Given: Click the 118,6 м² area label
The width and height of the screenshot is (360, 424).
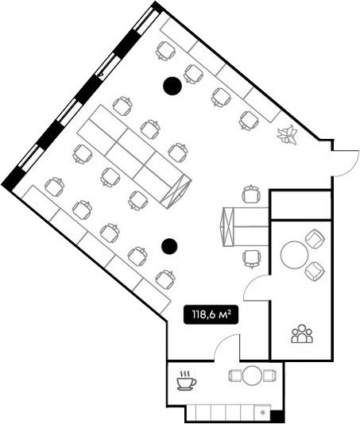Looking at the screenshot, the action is click(211, 314).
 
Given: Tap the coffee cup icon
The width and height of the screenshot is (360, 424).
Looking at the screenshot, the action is click(186, 381).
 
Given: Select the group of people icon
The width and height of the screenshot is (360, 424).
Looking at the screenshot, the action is click(302, 333).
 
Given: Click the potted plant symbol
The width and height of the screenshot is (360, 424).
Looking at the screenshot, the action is click(288, 134).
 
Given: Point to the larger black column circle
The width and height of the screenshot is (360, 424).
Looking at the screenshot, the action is click(172, 86).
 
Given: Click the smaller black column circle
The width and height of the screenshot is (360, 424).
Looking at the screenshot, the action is click(169, 246).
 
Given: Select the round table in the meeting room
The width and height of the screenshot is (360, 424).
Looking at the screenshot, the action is click(294, 254).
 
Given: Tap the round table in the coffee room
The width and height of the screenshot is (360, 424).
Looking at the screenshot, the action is click(252, 376).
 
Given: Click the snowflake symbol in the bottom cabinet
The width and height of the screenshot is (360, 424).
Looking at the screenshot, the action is click(262, 412).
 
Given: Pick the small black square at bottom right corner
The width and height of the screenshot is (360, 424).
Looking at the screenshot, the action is click(277, 414).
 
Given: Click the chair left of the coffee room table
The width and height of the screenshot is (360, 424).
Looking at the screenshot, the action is click(234, 376).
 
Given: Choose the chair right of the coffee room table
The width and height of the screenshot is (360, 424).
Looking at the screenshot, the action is click(270, 376).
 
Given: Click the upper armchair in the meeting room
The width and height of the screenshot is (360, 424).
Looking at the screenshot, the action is click(315, 238).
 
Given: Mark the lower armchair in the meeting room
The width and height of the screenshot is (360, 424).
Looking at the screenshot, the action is click(315, 272).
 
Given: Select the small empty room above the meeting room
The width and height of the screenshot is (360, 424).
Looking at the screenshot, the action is click(301, 205).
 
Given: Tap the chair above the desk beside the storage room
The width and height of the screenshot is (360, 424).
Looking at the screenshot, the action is click(251, 195).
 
